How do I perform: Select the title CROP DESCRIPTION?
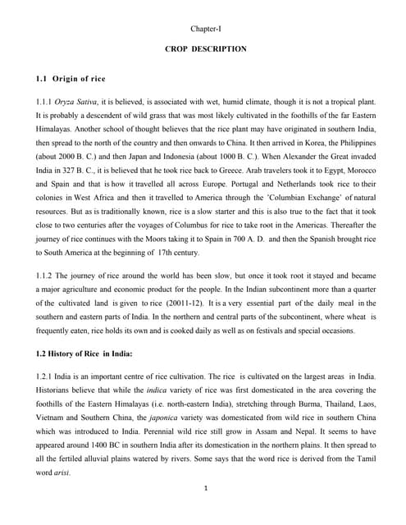click(205, 49)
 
